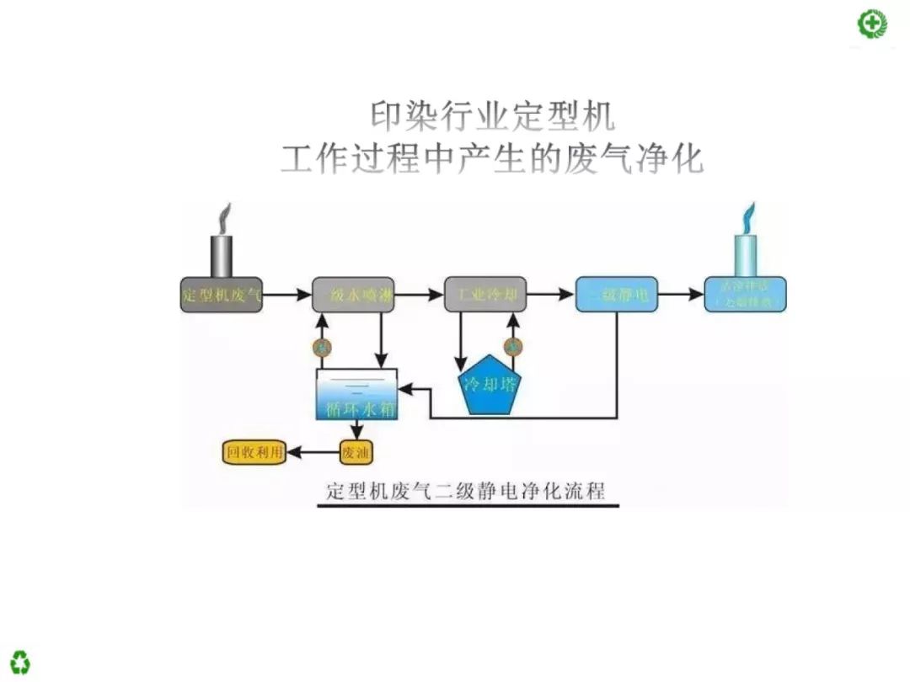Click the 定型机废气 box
click(222, 295)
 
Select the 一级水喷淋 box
click(353, 295)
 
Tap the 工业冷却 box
click(485, 295)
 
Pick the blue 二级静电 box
click(616, 295)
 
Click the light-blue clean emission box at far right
click(745, 295)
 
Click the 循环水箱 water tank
click(356, 394)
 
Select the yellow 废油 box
click(356, 453)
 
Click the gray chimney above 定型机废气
click(222, 254)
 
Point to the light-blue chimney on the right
click(746, 254)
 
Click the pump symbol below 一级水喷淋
click(320, 346)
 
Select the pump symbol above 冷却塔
click(513, 346)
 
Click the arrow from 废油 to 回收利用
click(313, 453)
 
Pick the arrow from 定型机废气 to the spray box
click(287, 295)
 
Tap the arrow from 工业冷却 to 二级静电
click(550, 295)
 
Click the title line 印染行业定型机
click(493, 117)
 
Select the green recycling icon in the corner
click(20, 661)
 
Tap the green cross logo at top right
click(872, 24)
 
